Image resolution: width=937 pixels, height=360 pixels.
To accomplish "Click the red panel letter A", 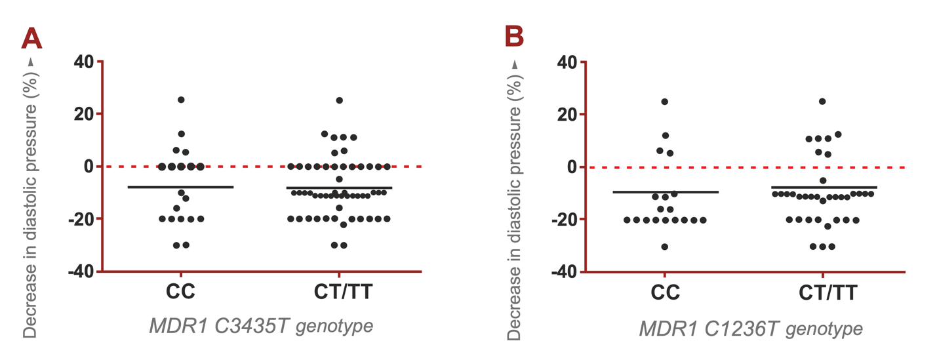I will click(31, 39).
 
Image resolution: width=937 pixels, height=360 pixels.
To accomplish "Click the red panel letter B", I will click(514, 37).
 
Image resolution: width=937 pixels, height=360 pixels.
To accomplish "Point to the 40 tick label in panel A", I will click(83, 62).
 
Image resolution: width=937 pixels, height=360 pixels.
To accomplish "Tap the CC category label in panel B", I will click(664, 292).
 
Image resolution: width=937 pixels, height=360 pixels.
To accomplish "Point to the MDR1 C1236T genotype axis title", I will click(751, 327).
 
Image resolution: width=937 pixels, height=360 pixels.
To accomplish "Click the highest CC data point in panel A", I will click(181, 100).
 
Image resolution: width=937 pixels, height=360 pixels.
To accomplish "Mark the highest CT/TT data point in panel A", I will click(339, 100).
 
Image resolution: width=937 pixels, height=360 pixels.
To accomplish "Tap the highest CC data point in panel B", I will click(664, 102).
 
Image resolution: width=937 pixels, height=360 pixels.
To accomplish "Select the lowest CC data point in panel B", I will click(664, 247).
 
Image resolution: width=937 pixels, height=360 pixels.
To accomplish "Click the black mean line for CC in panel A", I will click(180, 187).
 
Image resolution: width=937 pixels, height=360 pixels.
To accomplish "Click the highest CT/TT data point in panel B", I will click(822, 102).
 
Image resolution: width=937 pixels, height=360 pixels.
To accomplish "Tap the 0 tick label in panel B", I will click(572, 167).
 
